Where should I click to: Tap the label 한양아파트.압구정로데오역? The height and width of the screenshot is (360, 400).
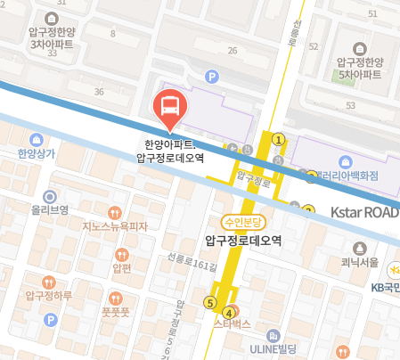pyautogui.click(x=170, y=150)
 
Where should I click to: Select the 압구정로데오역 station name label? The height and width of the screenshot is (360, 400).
pyautogui.click(x=242, y=240)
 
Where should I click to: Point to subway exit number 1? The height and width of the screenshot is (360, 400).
pyautogui.click(x=279, y=139)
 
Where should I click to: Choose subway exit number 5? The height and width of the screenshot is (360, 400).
pyautogui.click(x=210, y=302)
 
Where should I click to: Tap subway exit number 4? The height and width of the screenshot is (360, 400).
pyautogui.click(x=229, y=313)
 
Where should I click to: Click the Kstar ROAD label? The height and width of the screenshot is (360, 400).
pyautogui.click(x=364, y=213)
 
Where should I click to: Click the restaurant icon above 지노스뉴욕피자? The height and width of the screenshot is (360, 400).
pyautogui.click(x=114, y=213)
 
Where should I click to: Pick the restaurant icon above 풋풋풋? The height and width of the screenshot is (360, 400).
pyautogui.click(x=117, y=298)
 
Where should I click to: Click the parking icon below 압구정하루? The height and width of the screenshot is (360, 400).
pyautogui.click(x=51, y=319)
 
